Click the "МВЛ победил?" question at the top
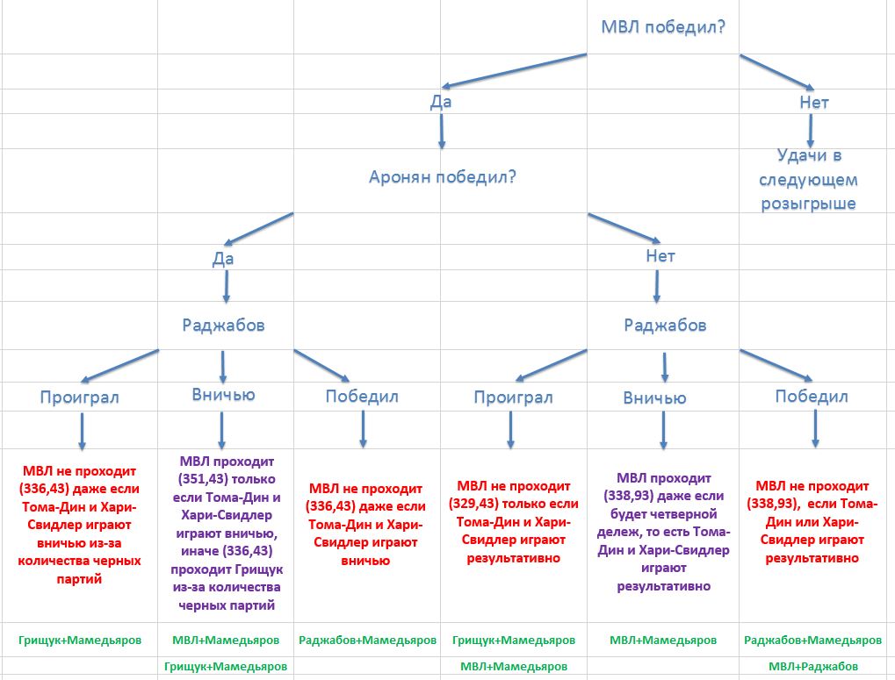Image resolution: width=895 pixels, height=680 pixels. (662, 26)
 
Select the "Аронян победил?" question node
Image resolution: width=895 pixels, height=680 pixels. (441, 176)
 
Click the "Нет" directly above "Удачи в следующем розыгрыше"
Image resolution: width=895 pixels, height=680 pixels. (814, 103)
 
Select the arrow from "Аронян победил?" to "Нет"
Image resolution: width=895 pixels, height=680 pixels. (624, 226)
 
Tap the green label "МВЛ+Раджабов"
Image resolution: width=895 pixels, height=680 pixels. (812, 667)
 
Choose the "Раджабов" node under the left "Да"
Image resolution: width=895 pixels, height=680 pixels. (223, 325)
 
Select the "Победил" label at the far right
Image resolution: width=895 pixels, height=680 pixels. (812, 397)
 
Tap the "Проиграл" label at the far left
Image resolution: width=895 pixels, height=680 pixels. (79, 397)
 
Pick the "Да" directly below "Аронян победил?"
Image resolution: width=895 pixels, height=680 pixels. (223, 259)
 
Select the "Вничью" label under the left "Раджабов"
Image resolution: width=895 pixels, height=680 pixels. (223, 395)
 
